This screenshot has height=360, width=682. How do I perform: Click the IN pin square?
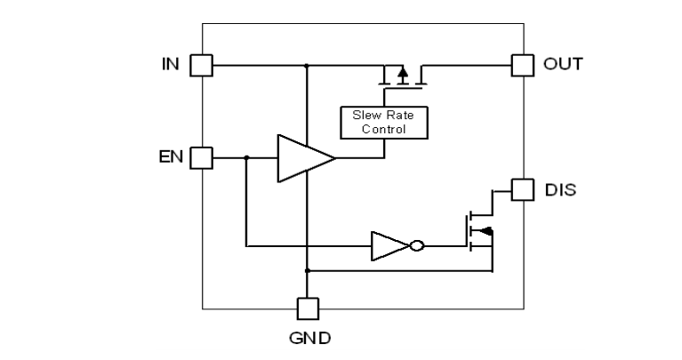(x=203, y=65)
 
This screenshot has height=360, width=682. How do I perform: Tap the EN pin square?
(x=203, y=158)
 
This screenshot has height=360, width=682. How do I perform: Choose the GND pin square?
(x=306, y=308)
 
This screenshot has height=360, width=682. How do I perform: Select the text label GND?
(x=307, y=339)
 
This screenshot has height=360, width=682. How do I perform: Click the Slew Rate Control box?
(x=384, y=123)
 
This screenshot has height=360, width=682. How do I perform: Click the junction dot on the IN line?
(x=306, y=65)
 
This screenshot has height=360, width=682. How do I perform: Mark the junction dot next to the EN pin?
(x=246, y=158)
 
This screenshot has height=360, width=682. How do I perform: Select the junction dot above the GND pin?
(x=306, y=268)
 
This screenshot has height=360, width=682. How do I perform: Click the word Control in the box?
(x=384, y=130)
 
